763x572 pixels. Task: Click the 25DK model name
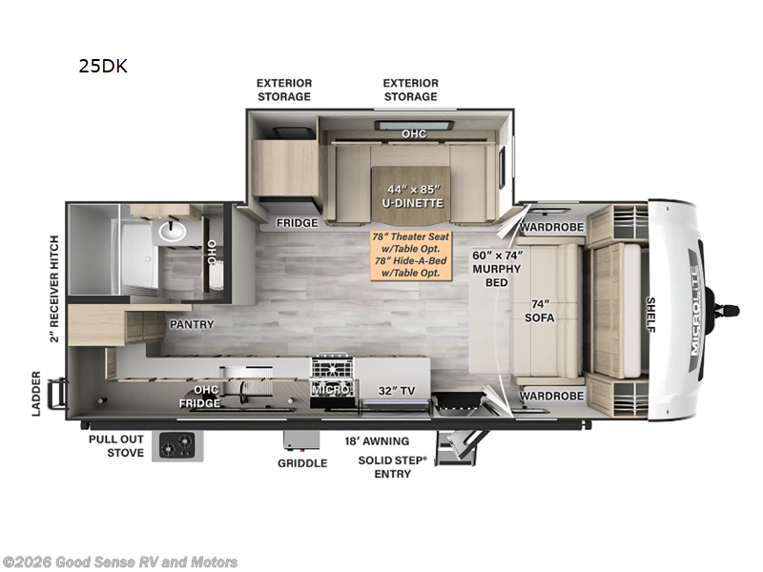[103, 66]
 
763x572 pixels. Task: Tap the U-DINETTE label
[413, 203]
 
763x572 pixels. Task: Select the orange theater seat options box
[411, 255]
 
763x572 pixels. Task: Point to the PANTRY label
[192, 324]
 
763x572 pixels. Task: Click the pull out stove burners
[177, 445]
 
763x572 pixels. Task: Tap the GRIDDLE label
[302, 463]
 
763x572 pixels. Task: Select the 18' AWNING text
[377, 441]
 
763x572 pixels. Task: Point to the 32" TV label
[397, 391]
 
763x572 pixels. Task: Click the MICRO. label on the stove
[331, 390]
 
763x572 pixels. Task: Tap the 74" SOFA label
[540, 311]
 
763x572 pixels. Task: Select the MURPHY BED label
[497, 276]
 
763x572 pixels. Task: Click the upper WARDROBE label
[552, 227]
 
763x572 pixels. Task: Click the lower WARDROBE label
[552, 396]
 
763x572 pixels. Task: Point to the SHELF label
[650, 315]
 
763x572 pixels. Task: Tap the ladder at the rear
[56, 394]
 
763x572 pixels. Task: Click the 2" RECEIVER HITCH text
[54, 289]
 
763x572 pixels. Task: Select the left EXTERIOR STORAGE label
[284, 90]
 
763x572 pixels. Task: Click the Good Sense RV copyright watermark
[120, 562]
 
